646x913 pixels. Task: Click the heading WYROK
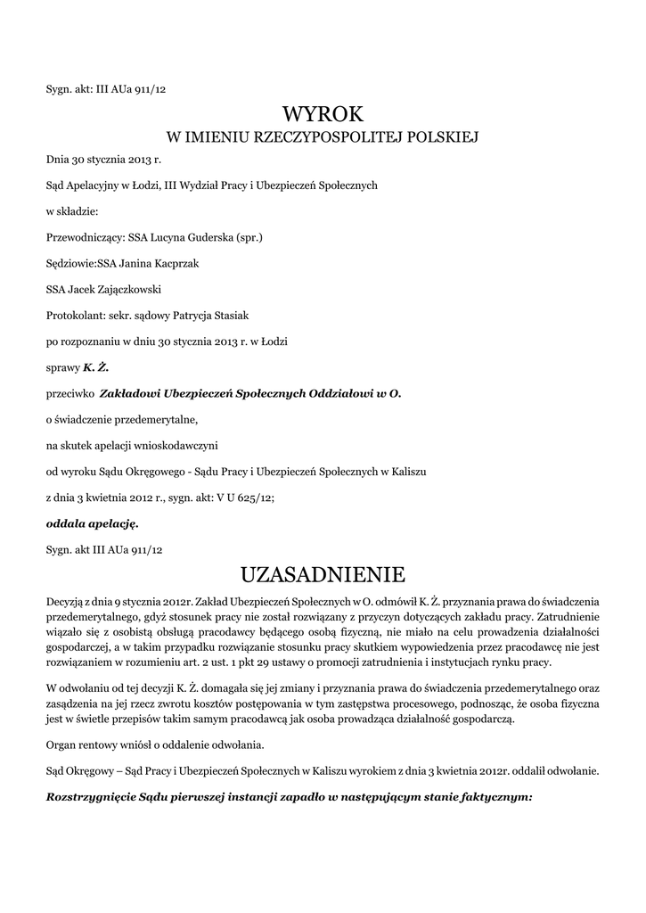tap(323, 113)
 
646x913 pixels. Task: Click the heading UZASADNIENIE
tap(323, 571)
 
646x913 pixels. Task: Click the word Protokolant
tap(75, 315)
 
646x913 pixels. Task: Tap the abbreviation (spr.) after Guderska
tap(248, 238)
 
